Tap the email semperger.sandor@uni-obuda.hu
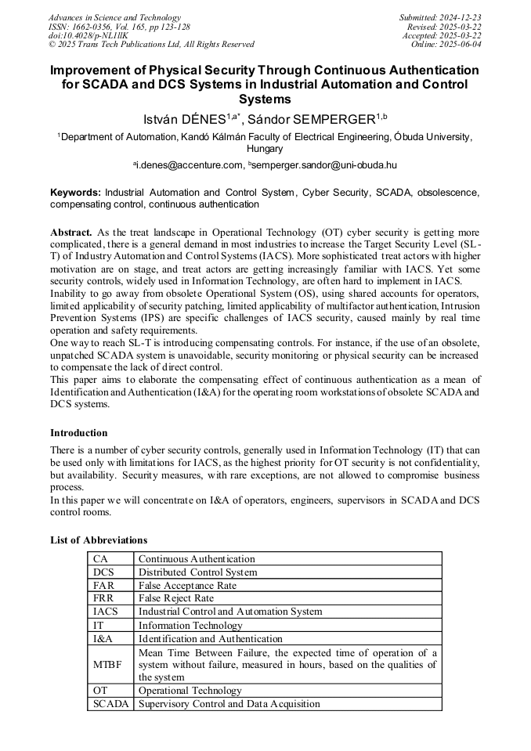[322, 165]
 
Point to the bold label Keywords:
[75, 192]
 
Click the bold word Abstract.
[71, 233]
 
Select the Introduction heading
[79, 433]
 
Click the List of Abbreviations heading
[99, 540]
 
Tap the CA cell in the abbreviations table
[101, 559]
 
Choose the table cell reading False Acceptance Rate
[188, 586]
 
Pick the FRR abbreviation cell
[104, 598]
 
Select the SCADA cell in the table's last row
[110, 704]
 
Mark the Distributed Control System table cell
[197, 572]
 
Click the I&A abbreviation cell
[103, 638]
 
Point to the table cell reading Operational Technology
[190, 691]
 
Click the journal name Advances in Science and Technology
[114, 17]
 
